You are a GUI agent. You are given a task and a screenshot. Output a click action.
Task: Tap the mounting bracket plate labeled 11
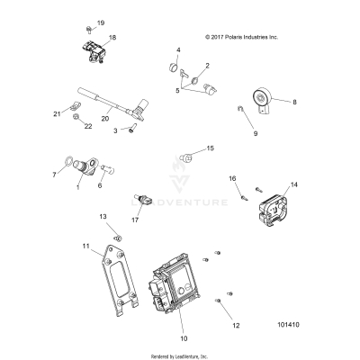tap(114, 279)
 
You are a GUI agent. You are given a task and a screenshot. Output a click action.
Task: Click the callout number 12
tap(237, 325)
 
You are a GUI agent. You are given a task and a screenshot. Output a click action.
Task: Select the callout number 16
tap(231, 179)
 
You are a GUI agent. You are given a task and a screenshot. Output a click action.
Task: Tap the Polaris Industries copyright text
tap(242, 38)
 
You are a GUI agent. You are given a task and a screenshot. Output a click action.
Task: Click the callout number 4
tap(178, 49)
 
